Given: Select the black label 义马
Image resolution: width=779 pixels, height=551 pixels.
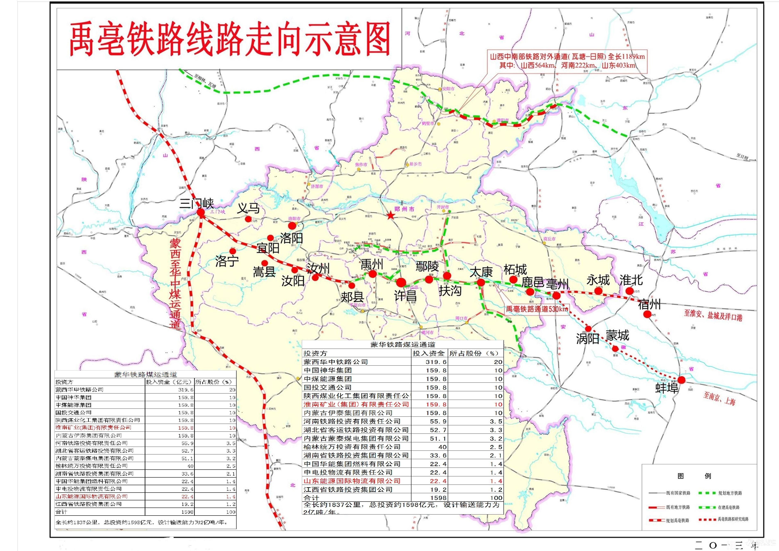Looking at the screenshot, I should (248, 208).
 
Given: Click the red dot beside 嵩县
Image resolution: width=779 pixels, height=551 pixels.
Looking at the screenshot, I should (265, 263).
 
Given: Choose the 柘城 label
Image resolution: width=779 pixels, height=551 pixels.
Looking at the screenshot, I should (515, 269).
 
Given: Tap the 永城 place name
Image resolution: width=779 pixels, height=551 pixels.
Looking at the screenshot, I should (598, 280).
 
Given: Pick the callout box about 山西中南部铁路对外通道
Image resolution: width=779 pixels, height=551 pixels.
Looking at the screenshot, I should (567, 61).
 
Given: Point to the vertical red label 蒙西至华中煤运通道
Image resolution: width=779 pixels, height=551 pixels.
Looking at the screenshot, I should (176, 284).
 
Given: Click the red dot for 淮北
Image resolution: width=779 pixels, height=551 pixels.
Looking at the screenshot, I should (629, 291).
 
